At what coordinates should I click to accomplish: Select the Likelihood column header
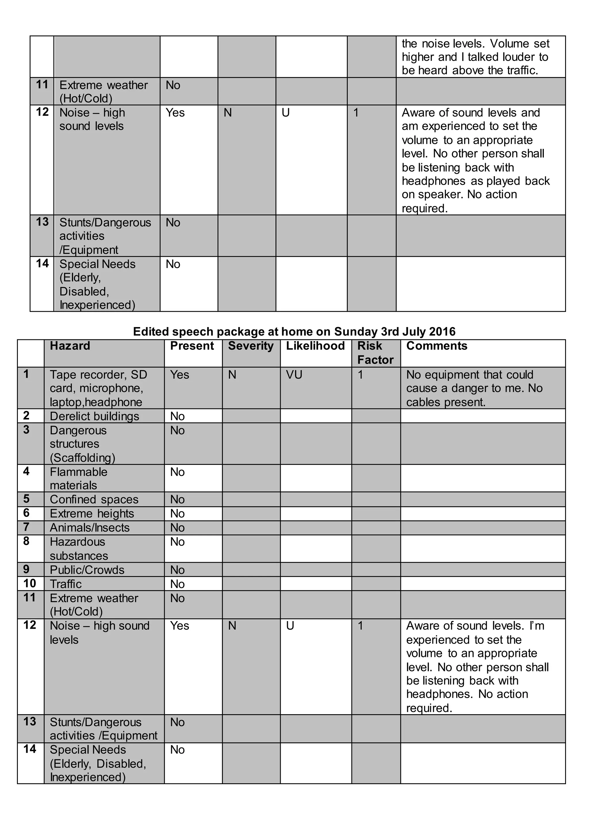tap(315, 346)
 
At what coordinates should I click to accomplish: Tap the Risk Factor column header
tap(375, 353)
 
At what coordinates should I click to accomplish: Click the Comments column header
tap(437, 346)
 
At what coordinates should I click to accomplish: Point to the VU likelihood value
tap(294, 375)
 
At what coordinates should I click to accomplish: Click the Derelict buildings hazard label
tap(94, 416)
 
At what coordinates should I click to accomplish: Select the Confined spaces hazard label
tap(94, 500)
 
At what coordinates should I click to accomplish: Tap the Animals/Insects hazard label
tap(89, 528)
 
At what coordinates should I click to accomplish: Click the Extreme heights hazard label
tap(92, 514)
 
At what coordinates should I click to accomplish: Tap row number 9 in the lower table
tap(26, 569)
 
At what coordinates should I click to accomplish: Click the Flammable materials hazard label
tap(78, 479)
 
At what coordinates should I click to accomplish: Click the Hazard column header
tap(70, 346)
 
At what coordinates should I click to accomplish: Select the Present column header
tap(192, 346)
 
